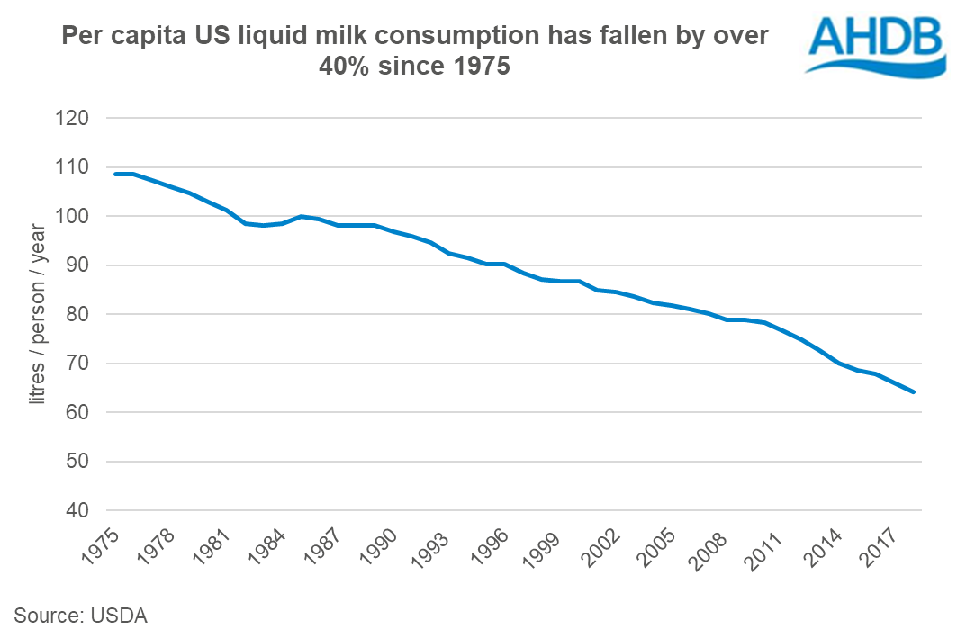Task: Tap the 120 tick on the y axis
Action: click(77, 119)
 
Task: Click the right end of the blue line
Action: click(913, 391)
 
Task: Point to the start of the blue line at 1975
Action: click(115, 174)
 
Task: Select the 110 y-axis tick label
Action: click(77, 167)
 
